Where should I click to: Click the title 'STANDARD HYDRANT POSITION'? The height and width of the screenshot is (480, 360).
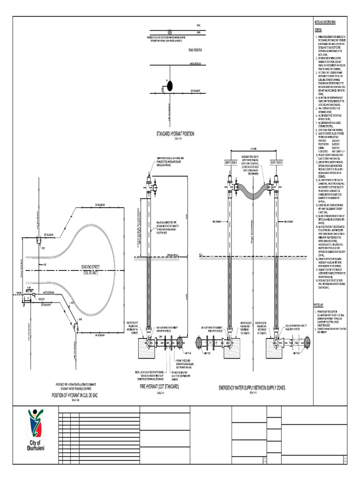point(175,134)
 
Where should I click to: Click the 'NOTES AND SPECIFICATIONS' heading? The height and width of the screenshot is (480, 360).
point(324,22)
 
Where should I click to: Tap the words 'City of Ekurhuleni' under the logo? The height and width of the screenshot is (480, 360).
point(35,446)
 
